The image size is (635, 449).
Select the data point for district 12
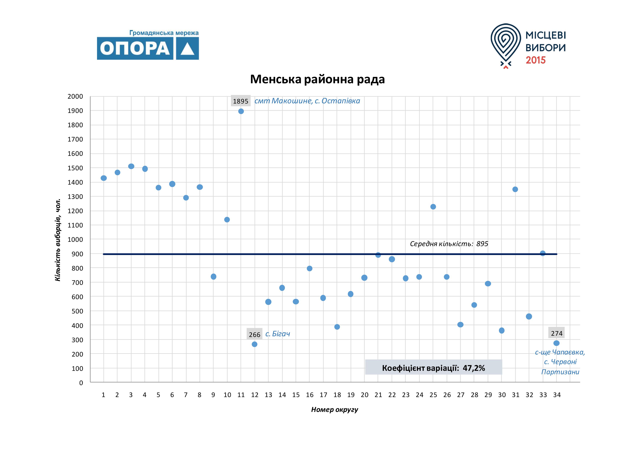click(255, 344)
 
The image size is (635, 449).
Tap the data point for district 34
click(556, 343)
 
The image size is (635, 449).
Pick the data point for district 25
click(433, 207)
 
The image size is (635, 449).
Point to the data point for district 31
click(515, 189)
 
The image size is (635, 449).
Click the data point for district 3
click(131, 166)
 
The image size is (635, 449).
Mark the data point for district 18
click(337, 327)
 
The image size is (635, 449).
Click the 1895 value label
click(241, 101)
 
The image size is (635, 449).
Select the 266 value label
click(255, 335)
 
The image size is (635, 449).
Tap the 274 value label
click(556, 333)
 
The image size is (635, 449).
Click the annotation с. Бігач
click(278, 334)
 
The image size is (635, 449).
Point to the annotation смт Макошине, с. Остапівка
click(307, 101)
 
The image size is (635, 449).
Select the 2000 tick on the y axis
click(75, 96)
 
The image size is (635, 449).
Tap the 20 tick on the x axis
click(365, 395)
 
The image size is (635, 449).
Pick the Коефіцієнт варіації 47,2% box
click(433, 368)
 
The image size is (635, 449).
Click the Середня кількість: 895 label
click(449, 244)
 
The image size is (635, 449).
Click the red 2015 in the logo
click(536, 60)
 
